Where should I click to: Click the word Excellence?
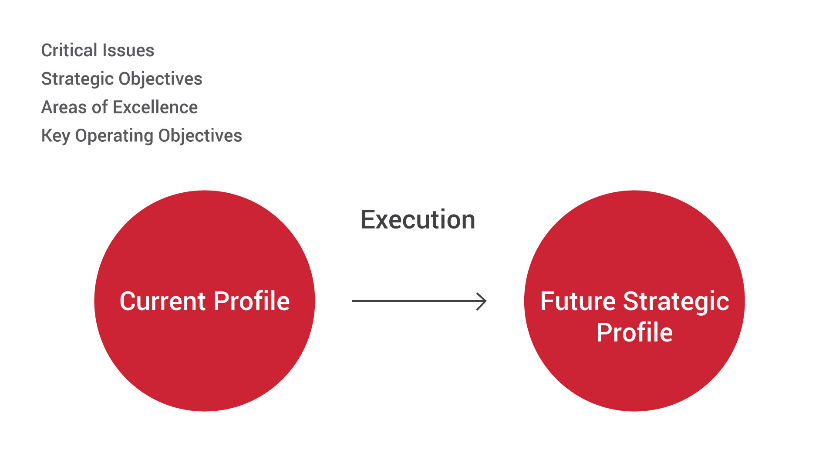click(155, 107)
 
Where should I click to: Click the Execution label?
click(418, 219)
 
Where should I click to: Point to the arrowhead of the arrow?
click(485, 301)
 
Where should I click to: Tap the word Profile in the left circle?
click(252, 301)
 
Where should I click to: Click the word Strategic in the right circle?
click(676, 302)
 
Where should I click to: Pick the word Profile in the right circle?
click(634, 333)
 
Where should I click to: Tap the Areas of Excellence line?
click(119, 107)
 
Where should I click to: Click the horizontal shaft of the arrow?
click(418, 301)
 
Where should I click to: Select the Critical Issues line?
click(98, 50)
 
